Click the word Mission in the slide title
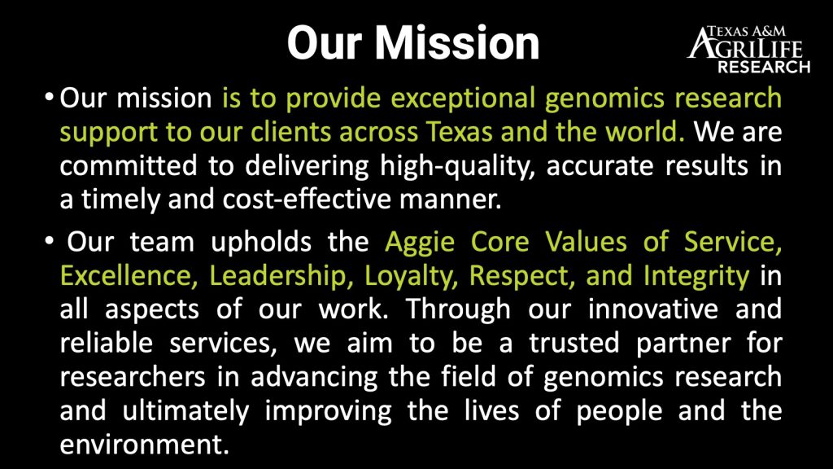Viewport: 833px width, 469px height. (x=457, y=43)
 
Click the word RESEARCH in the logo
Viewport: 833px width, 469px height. (x=764, y=67)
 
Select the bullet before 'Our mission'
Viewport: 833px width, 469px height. (x=50, y=99)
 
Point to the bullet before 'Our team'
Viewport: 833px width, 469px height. (x=50, y=241)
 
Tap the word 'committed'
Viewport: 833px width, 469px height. (x=128, y=166)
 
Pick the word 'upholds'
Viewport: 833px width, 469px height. (x=261, y=243)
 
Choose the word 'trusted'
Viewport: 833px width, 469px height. (x=574, y=343)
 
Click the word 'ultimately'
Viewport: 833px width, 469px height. (x=185, y=412)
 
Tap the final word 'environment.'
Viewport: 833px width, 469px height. (x=144, y=445)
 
